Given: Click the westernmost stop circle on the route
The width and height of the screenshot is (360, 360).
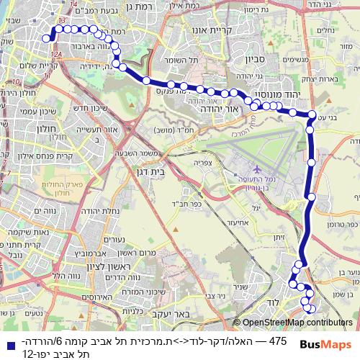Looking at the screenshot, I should [45, 39].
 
